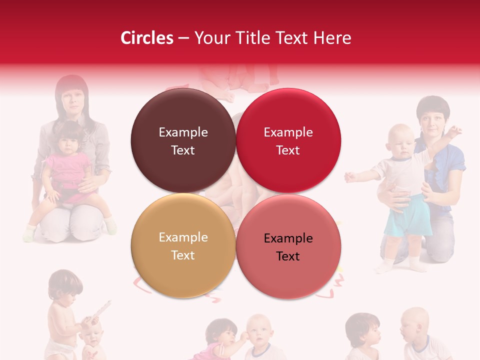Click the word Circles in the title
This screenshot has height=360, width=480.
[147, 38]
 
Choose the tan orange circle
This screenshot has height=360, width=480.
[183, 270]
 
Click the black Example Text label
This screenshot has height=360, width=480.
[288, 247]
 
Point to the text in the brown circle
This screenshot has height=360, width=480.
[183, 141]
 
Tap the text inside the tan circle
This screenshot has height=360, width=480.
[183, 246]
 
